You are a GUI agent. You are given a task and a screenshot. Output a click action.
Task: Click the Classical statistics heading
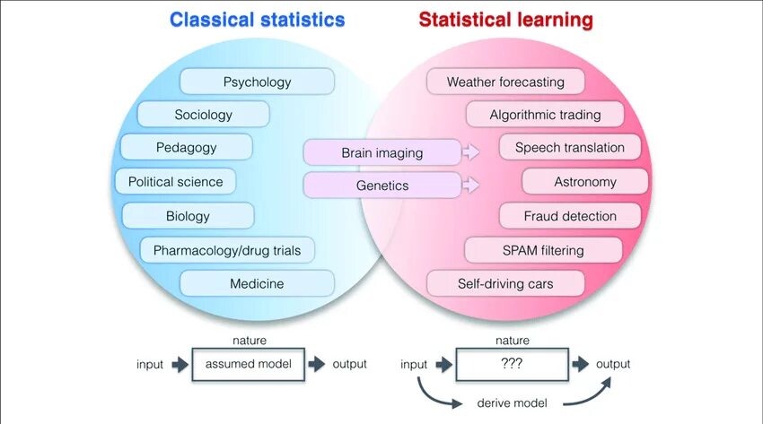(257, 20)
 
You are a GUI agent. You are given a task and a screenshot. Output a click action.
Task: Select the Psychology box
(257, 82)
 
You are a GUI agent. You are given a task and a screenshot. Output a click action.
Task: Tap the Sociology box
(203, 115)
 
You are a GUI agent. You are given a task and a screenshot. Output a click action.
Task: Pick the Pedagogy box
(186, 147)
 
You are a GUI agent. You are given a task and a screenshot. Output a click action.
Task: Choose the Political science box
(175, 182)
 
